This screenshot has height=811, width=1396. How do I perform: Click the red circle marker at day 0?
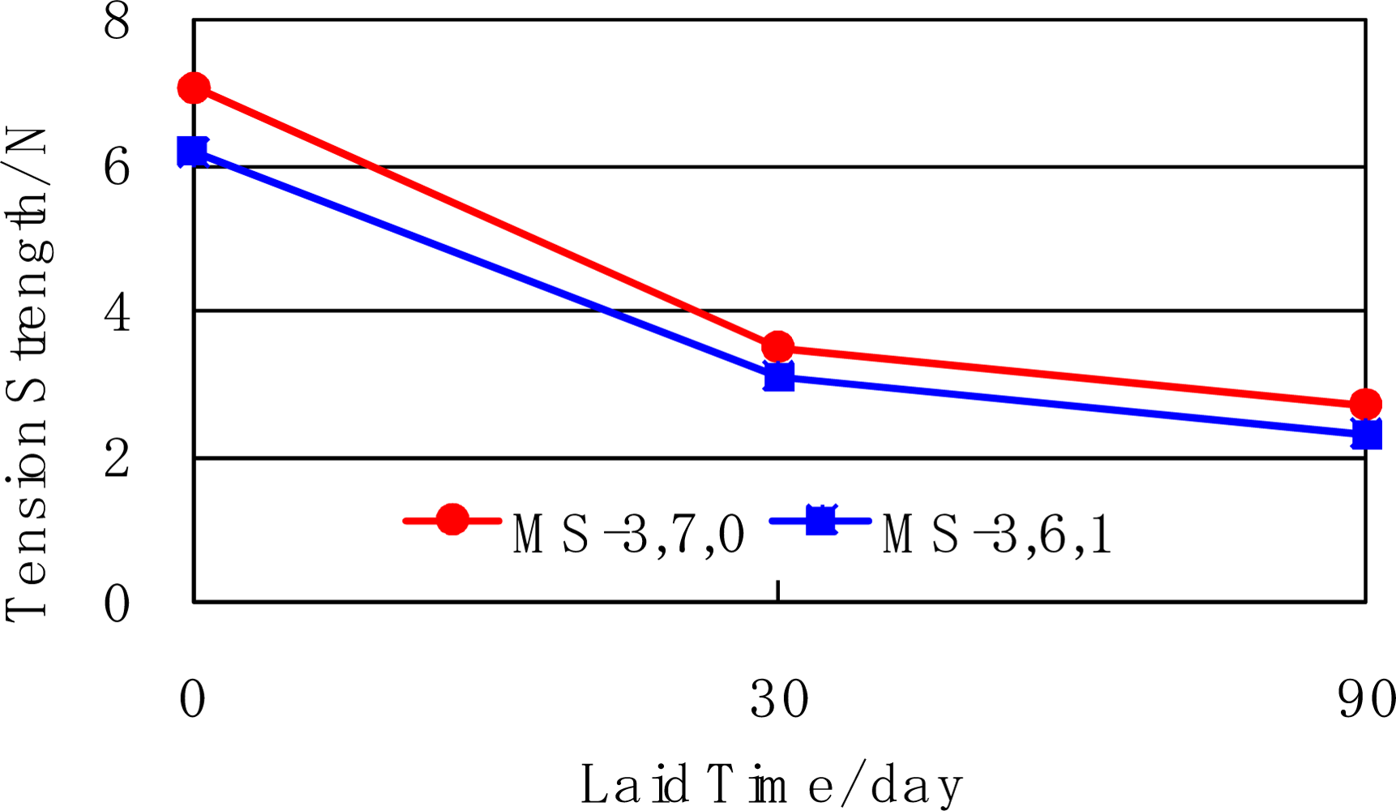coord(194,88)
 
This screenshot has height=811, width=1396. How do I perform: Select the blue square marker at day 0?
coord(193,152)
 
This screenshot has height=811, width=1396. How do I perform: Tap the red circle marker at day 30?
coord(778,347)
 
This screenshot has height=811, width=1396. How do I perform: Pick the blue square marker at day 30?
coord(778,377)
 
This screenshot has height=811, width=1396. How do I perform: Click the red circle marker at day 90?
coord(1366,404)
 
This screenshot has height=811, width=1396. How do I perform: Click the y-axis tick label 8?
coord(117,22)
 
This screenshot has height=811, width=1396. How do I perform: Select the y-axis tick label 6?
coord(117,169)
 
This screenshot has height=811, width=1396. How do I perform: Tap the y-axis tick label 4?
coord(117,313)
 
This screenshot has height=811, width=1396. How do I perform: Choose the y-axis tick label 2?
coord(117,459)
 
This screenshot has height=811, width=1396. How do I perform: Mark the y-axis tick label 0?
coord(117,604)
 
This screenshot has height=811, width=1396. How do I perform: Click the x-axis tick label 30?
coord(779,699)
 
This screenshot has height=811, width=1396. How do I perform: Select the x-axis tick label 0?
coord(193,699)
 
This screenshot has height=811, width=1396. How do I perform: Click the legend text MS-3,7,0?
coord(628,535)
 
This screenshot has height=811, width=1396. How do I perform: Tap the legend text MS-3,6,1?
coord(997,535)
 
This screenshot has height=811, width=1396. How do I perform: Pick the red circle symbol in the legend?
coord(452,520)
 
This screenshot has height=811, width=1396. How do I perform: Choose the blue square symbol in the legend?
coord(820,520)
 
